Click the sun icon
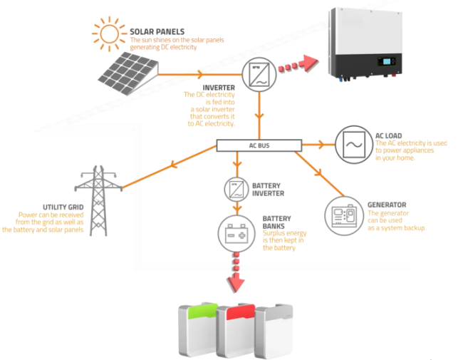[109, 34]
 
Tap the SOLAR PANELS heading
[157, 31]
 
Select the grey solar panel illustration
[128, 73]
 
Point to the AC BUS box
[259, 145]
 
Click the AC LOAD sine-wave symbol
[354, 145]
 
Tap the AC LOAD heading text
[389, 135]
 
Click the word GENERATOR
[387, 205]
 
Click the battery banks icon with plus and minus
[236, 234]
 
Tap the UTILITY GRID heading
[63, 207]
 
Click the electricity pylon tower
[98, 200]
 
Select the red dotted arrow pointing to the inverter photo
[298, 64]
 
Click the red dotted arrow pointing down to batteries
[236, 272]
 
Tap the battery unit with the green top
[199, 329]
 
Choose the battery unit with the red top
[236, 331]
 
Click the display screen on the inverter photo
[386, 61]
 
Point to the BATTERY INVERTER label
[268, 190]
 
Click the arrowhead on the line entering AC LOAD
[321, 145]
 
